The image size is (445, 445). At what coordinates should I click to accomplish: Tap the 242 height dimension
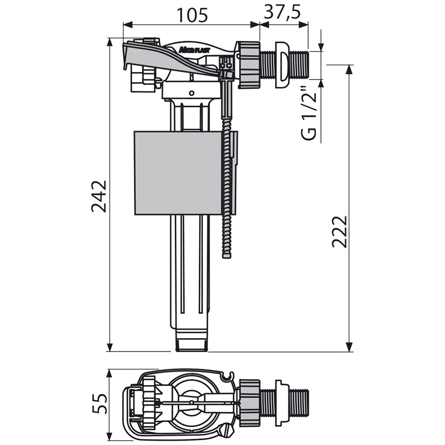(x=99, y=196)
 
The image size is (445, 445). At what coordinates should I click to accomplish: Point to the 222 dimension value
(x=340, y=231)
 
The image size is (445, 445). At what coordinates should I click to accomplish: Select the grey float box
(x=178, y=173)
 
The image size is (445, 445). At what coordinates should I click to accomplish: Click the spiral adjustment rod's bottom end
(x=227, y=256)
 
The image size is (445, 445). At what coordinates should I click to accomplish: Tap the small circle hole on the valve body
(x=191, y=93)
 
